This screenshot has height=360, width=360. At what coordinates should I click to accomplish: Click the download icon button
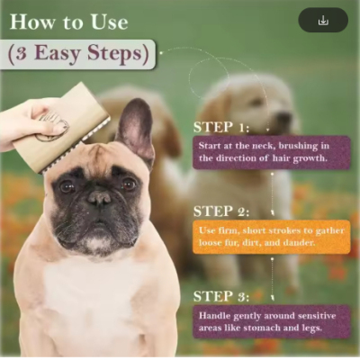(x=323, y=21)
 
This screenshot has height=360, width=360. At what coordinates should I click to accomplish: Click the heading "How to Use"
(x=69, y=22)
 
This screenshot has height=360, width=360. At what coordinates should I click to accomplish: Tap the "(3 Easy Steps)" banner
(x=78, y=54)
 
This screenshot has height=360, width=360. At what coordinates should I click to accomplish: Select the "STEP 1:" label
(x=221, y=127)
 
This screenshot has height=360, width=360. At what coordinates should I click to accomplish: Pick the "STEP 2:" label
(x=221, y=211)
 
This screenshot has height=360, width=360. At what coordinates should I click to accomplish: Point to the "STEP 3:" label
(x=221, y=296)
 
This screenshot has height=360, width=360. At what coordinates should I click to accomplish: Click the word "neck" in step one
(x=265, y=146)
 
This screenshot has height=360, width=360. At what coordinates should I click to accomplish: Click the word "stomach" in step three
(x=262, y=328)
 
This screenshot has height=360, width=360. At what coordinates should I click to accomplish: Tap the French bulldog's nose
(x=99, y=198)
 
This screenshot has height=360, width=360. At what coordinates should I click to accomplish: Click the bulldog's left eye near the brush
(x=67, y=186)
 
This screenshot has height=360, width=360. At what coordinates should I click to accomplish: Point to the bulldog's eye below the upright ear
(x=129, y=184)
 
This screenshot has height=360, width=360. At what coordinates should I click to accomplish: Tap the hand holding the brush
(x=27, y=123)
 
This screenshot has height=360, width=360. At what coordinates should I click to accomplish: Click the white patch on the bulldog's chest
(x=93, y=297)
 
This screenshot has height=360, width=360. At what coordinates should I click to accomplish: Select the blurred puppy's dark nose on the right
(x=283, y=117)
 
